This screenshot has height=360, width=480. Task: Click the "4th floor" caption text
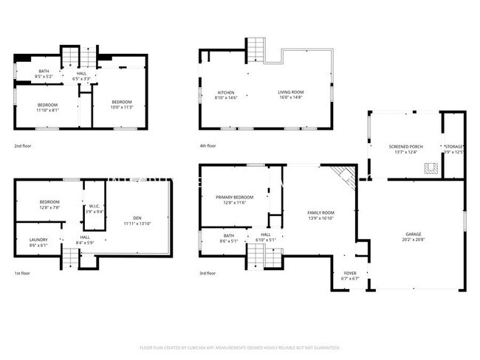[208, 146]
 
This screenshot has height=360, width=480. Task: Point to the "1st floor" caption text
[22, 273]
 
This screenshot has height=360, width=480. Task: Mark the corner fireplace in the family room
[343, 175]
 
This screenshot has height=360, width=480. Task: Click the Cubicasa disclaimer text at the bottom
[239, 347]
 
